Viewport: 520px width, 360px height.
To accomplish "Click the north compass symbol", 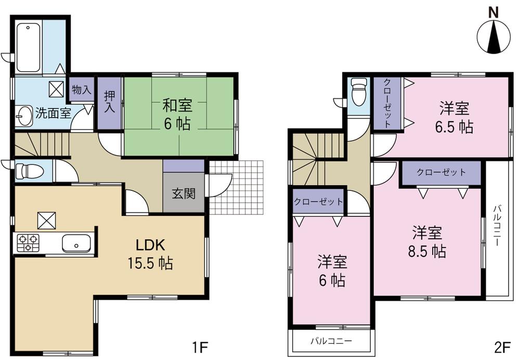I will tap(494, 35).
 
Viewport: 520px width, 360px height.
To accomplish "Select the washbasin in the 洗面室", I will tap(23, 116).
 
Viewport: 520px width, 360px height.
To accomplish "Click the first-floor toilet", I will tap(25, 171).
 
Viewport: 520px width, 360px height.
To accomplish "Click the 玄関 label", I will tap(184, 194).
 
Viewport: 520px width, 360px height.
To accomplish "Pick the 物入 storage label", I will tap(81, 89).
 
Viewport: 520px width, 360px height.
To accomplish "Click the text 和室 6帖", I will tap(177, 115).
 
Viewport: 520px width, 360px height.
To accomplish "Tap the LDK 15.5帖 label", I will tap(150, 254).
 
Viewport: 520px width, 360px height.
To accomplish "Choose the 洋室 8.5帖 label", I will tap(428, 241).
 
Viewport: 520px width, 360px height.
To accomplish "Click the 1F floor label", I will tap(199, 345).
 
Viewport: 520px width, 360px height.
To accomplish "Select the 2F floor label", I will tap(502, 345).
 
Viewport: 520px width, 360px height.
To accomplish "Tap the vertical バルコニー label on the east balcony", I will tap(497, 227).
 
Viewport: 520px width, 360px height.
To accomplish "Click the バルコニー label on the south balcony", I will tap(331, 341).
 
